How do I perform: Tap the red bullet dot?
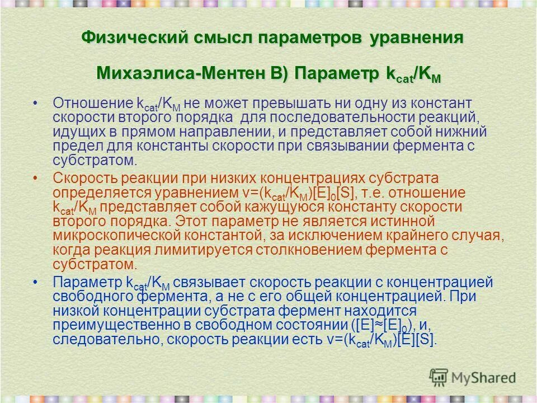pyautogui.click(x=36, y=178)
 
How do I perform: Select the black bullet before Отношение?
pyautogui.click(x=36, y=104)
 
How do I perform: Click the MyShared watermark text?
pyautogui.click(x=484, y=377)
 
